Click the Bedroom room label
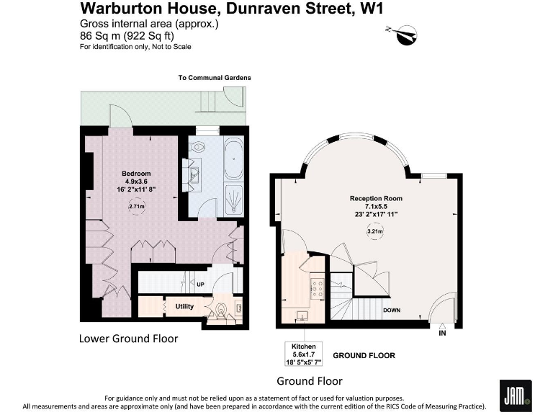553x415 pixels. coord(136,174)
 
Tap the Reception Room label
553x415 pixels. coord(376,198)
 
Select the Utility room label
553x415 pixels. coord(184,306)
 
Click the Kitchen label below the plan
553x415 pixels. coord(304,347)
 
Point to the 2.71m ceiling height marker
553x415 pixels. coord(136,207)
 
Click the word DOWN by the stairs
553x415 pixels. coord(392,311)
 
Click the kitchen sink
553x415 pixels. coord(302,316)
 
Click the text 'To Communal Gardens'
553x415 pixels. coord(215,78)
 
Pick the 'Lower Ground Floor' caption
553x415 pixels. coord(128,338)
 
